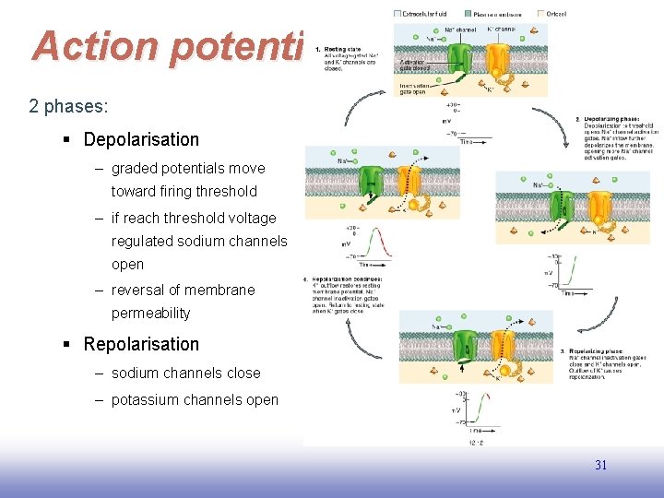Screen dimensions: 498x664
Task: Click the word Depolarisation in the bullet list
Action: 141,140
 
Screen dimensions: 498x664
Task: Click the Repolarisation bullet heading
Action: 141,345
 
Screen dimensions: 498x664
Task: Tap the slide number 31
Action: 600,466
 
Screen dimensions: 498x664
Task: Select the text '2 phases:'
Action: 68,106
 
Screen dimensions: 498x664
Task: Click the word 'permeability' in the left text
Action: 150,314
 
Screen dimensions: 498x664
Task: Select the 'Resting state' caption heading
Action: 344,49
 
